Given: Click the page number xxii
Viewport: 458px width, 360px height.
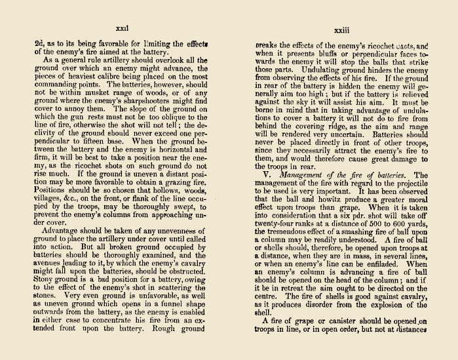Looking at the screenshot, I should pyautogui.click(x=121, y=30).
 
